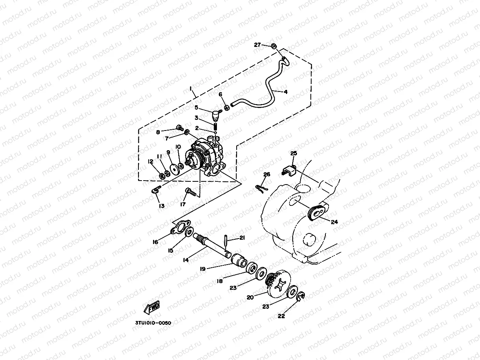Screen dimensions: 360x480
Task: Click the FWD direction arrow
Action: tap(152, 308)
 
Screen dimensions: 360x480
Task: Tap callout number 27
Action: tap(258, 45)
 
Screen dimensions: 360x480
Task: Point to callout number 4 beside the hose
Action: tap(296, 92)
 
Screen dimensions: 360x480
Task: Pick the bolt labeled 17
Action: tap(191, 193)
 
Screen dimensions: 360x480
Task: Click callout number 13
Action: tap(162, 205)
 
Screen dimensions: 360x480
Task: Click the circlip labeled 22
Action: tap(301, 296)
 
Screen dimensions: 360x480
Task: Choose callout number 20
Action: tap(250, 298)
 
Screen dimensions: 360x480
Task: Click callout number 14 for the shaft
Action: tap(186, 260)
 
